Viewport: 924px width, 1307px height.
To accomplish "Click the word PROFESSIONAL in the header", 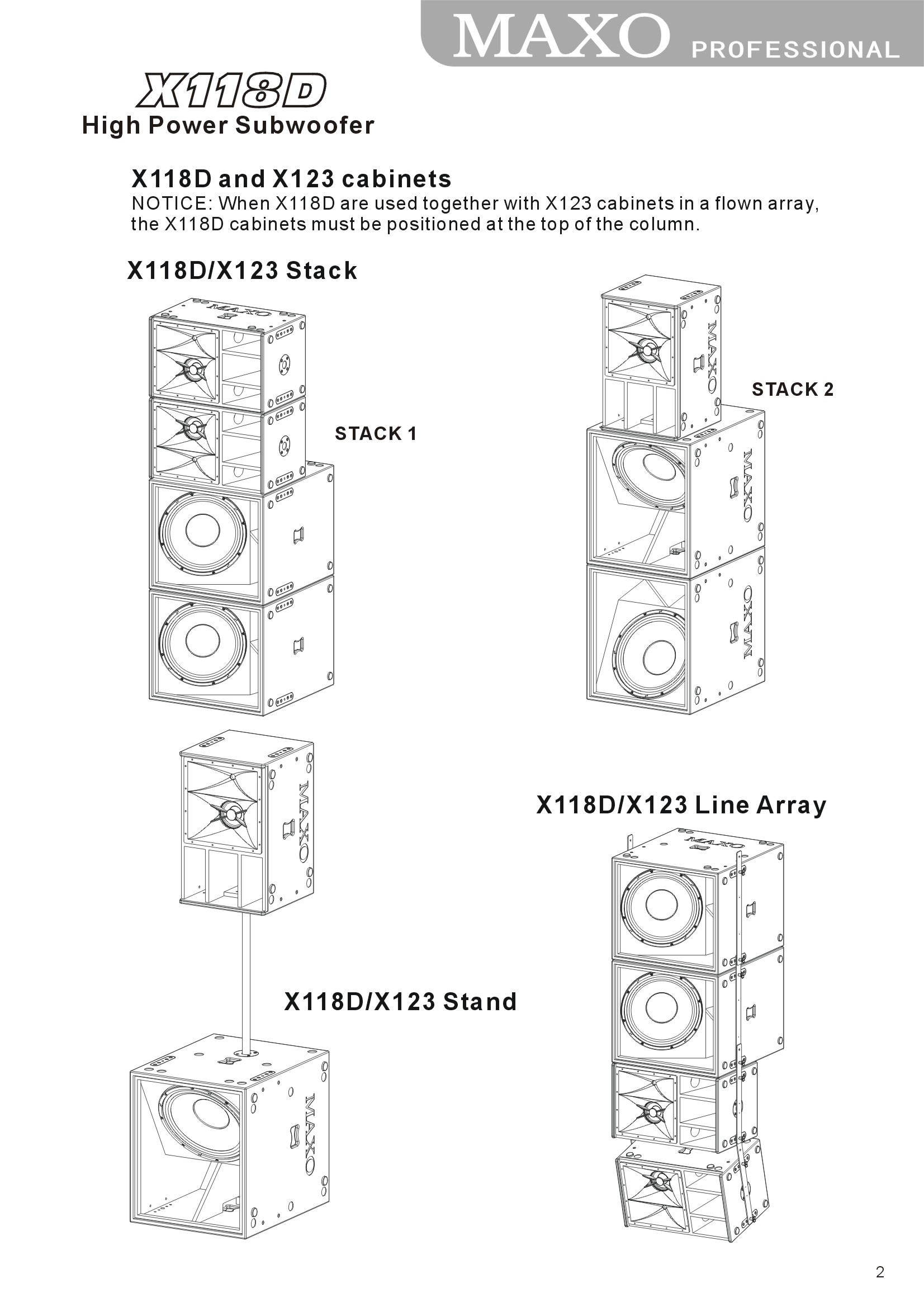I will (795, 50).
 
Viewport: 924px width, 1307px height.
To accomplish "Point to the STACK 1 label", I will (376, 434).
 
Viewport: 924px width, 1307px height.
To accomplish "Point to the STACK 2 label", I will (793, 390).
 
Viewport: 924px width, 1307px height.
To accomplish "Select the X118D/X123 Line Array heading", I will (681, 805).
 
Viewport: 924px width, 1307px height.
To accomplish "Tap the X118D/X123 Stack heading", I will (242, 271).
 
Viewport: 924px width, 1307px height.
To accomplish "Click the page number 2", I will (880, 1272).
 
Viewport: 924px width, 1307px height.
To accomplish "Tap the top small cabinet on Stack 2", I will (660, 359).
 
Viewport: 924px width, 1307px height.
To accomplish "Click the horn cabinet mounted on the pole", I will (245, 822).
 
